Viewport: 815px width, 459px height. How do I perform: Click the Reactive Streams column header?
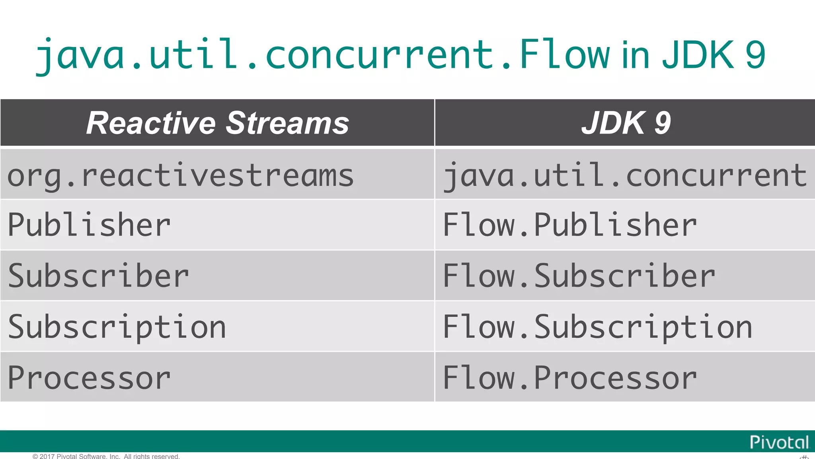point(217,123)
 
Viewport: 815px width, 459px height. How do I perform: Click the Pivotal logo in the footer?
point(779,442)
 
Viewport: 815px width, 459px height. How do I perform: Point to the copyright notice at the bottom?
point(106,456)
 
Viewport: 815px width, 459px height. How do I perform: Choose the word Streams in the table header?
point(287,123)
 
